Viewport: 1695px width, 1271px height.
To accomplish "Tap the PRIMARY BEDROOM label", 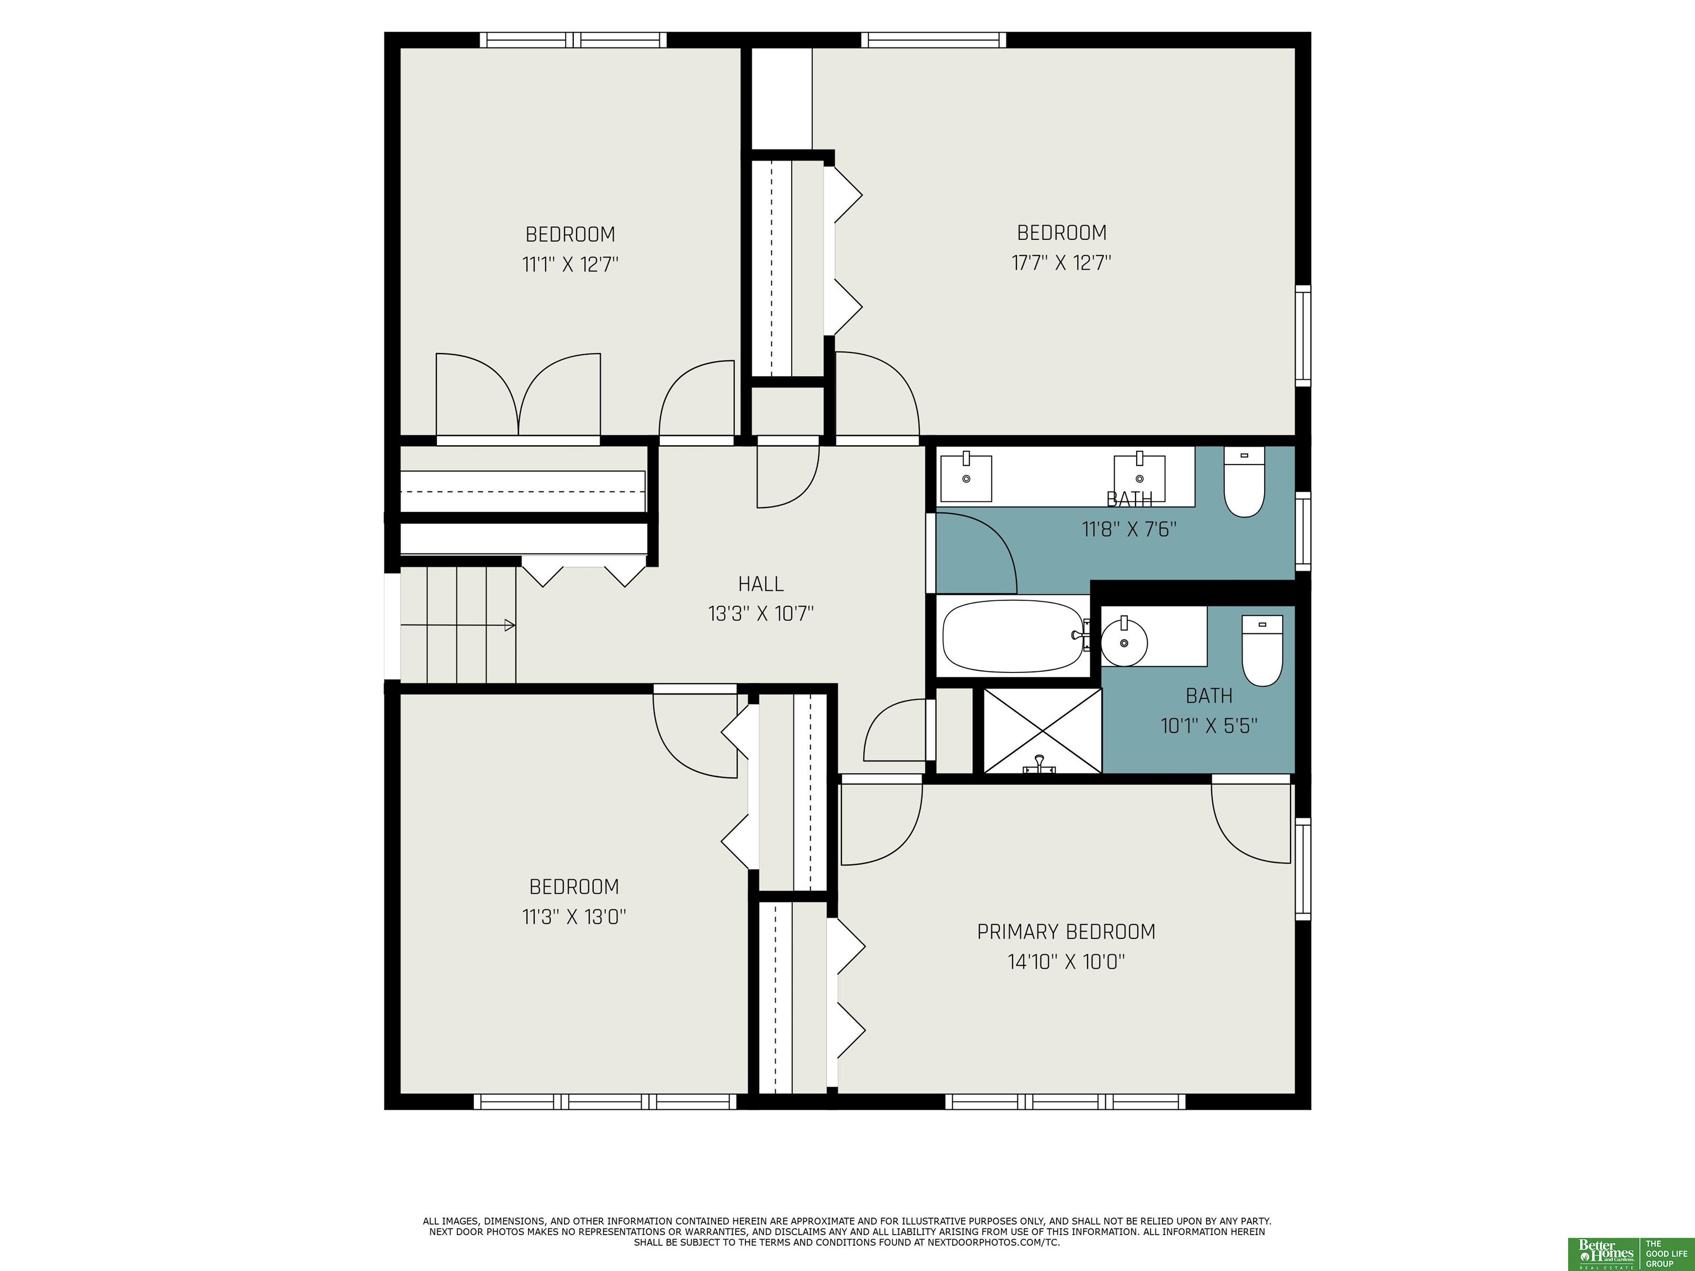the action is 1066,932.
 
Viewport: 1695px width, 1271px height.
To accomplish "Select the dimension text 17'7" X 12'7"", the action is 1061,263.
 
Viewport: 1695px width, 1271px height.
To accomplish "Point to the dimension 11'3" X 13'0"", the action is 574,916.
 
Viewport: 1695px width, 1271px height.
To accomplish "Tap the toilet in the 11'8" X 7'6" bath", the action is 1244,482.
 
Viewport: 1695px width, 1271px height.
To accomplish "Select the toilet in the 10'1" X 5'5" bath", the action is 1262,650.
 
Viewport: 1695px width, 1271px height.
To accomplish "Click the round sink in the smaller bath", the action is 1124,642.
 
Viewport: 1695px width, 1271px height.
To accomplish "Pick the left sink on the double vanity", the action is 966,477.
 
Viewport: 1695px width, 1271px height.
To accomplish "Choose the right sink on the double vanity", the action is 1139,477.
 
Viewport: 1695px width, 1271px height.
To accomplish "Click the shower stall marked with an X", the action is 1042,730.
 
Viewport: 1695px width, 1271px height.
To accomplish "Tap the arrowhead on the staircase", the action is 510,625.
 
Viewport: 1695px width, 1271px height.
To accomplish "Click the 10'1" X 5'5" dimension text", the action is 1209,725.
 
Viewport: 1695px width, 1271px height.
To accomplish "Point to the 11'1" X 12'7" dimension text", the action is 570,264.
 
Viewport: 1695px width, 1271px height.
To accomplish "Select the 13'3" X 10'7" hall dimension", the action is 761,613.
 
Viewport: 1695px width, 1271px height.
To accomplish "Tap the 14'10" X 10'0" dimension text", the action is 1066,962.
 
